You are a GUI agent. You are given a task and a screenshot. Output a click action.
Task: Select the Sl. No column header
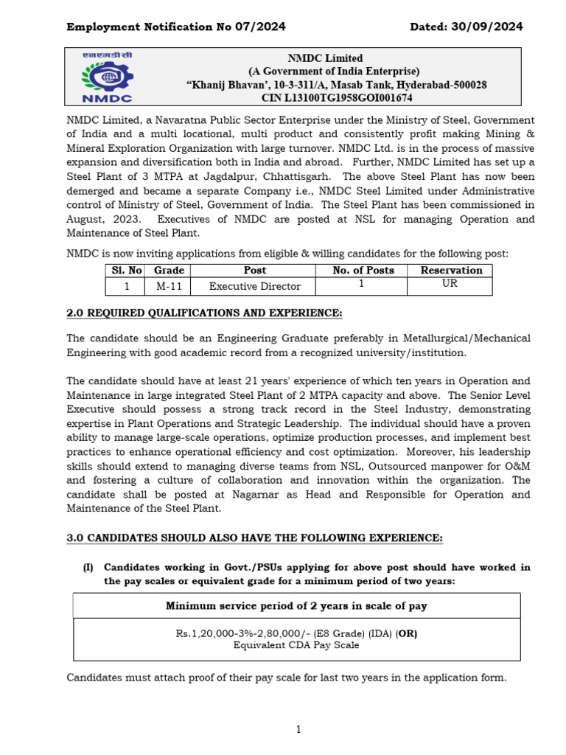(126, 271)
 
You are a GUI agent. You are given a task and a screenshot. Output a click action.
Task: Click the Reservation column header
(451, 271)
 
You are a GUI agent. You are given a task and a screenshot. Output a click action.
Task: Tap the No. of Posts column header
(363, 271)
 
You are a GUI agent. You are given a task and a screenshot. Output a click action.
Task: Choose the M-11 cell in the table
(169, 286)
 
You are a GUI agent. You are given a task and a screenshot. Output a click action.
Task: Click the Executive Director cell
(255, 286)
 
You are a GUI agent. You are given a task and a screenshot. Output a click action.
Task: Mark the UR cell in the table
(450, 284)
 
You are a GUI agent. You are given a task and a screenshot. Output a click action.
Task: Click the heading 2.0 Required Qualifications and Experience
(204, 313)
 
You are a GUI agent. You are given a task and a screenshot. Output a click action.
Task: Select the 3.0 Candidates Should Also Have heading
(254, 539)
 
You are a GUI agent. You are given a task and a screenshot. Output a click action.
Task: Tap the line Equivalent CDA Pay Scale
(296, 645)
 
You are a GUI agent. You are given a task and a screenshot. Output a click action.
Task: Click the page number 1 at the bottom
(298, 729)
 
